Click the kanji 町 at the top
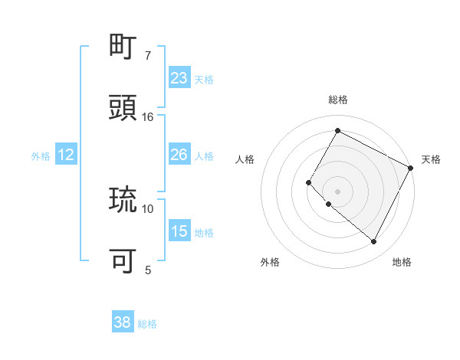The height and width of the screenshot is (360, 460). click(123, 47)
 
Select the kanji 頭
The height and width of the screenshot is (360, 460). click(123, 108)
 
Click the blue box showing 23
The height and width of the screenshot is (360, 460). click(179, 77)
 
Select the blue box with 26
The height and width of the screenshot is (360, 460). click(179, 155)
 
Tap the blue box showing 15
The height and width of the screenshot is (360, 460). click(179, 231)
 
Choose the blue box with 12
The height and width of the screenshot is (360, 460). click(66, 155)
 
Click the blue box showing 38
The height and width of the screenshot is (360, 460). click(123, 322)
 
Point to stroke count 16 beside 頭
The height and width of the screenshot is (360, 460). click(148, 116)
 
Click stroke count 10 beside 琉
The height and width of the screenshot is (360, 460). click(148, 208)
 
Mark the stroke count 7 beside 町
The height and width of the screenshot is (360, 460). click(148, 55)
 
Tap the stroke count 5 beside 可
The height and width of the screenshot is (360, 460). click(148, 270)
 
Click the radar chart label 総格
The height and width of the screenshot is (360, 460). click(337, 100)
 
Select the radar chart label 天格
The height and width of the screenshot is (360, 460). click(431, 159)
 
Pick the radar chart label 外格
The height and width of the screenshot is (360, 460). click(270, 262)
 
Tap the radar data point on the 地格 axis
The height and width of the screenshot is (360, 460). click(374, 242)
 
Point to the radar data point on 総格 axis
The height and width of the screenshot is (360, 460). click(337, 130)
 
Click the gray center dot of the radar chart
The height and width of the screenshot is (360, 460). click(337, 191)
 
